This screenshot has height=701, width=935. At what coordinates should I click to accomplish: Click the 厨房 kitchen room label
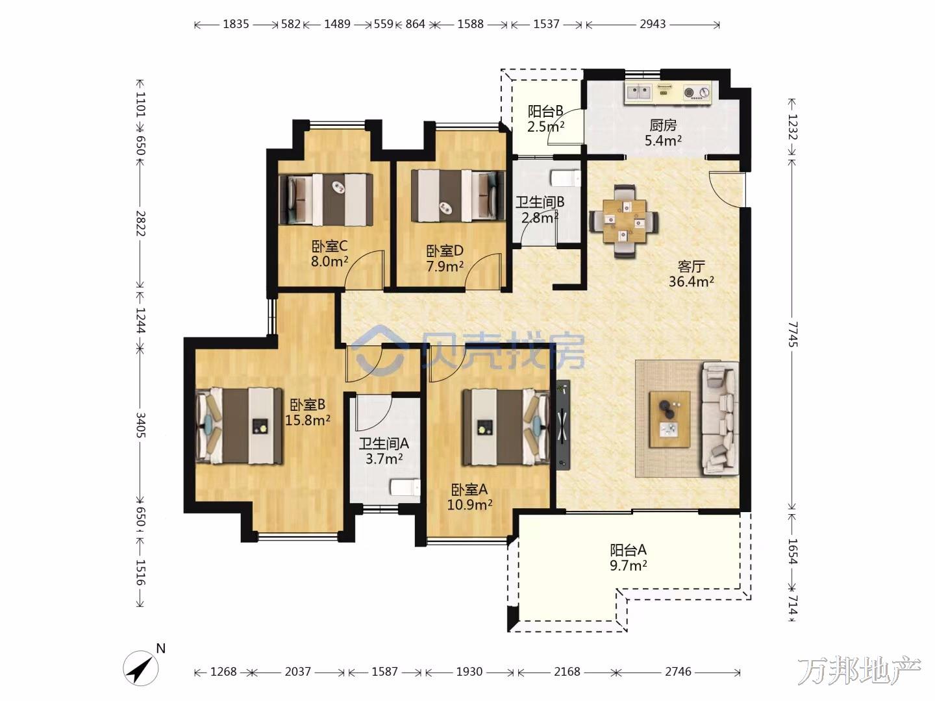coord(663,125)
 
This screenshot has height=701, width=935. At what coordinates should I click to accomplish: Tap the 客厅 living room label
coord(691,267)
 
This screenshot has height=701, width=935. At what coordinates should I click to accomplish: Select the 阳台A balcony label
coord(629,550)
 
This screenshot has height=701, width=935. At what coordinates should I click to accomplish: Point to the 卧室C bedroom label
coord(330,246)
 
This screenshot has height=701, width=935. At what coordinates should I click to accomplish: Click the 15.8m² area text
coord(308,420)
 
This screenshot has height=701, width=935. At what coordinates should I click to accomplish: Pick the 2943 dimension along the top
coord(653,24)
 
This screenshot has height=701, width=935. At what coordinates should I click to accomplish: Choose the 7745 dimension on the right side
coord(792,334)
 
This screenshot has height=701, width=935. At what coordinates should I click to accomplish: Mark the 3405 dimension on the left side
coord(140,425)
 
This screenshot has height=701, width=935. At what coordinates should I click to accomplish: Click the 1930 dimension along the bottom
coord(469,672)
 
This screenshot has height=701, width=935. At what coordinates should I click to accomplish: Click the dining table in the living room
coord(624,221)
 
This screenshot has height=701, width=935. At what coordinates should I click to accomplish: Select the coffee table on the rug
coord(669,419)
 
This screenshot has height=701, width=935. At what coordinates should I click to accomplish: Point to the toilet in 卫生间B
coord(566,178)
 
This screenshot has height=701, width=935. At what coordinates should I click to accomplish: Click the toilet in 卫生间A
coord(406,487)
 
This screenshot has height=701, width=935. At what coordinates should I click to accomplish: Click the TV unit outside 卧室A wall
coord(563,424)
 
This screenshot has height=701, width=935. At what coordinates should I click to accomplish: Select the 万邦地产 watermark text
coord(859,670)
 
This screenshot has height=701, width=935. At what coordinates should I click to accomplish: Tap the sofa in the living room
coord(719,418)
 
